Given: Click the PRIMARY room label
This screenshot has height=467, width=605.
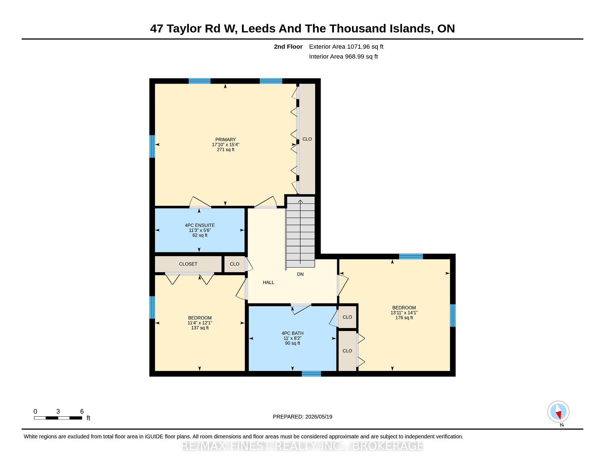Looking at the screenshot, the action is click(x=226, y=140).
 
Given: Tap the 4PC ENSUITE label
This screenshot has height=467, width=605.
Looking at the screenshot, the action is click(x=200, y=225).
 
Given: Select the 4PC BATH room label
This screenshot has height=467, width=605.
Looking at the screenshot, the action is click(x=292, y=333).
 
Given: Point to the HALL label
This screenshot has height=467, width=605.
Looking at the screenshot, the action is click(x=268, y=283).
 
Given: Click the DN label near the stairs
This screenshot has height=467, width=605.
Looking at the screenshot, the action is click(x=300, y=274).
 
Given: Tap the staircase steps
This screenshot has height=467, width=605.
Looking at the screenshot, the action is click(x=301, y=232).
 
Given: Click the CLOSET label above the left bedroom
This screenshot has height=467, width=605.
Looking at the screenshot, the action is click(x=188, y=264).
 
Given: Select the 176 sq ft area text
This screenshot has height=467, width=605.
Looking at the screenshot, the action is click(x=404, y=318).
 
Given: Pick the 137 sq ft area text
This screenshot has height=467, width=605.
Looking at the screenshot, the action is click(x=200, y=328).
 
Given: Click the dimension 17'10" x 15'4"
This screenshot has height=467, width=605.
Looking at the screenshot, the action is click(x=226, y=145).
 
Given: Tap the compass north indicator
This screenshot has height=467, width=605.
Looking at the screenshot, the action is click(x=558, y=412).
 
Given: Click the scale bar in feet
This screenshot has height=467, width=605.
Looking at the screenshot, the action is click(x=58, y=418).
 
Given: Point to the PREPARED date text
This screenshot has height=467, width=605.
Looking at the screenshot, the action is click(x=302, y=417).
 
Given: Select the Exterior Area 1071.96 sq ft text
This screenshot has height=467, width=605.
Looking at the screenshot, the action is click(x=346, y=47).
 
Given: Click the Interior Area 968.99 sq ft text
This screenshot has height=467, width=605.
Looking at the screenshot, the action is click(x=343, y=57).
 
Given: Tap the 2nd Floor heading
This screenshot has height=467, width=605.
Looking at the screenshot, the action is click(x=288, y=47).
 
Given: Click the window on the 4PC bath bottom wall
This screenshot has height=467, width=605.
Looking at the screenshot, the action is click(x=311, y=374).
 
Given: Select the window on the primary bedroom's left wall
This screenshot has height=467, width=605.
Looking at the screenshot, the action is click(x=152, y=146).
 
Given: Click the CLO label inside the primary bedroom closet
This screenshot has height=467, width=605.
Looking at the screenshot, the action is click(x=307, y=139).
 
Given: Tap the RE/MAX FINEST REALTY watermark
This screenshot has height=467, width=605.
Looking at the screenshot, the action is click(x=302, y=446).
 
